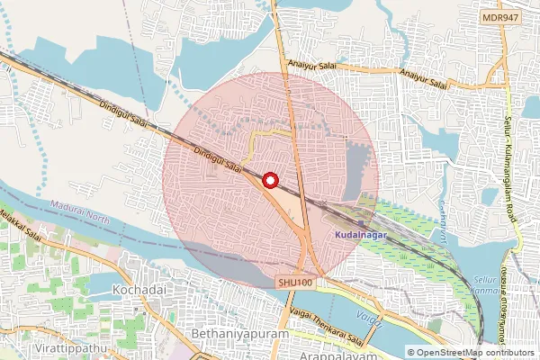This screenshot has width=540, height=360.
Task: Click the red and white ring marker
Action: click(269, 181)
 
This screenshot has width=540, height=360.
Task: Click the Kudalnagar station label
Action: click(360, 234)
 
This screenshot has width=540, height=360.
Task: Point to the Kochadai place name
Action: click(136, 291)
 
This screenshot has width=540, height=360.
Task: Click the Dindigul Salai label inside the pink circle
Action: click(220, 160)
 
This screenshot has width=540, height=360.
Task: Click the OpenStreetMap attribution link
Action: click(475, 352)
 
